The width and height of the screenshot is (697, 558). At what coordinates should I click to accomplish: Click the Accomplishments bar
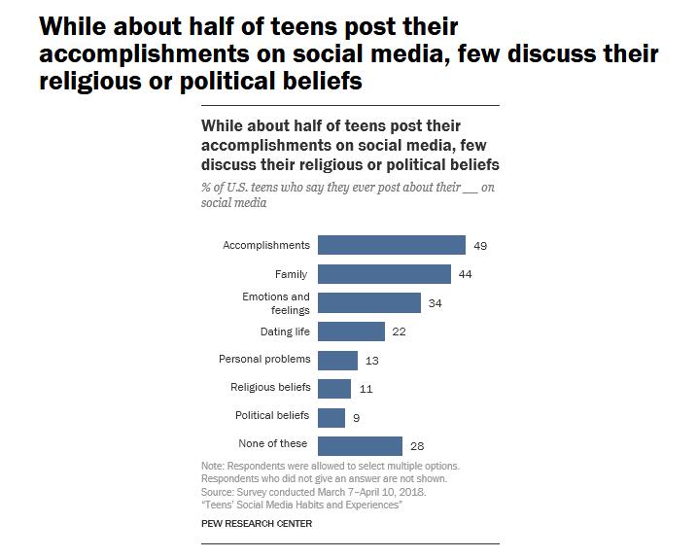click(391, 245)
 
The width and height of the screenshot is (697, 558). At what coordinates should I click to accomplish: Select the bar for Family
click(384, 274)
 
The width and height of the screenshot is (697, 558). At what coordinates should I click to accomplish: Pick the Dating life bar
click(351, 331)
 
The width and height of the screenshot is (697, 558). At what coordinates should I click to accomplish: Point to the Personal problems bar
click(337, 360)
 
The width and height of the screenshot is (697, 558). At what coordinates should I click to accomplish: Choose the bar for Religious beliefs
click(334, 388)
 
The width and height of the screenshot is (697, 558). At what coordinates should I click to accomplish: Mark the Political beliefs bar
click(331, 416)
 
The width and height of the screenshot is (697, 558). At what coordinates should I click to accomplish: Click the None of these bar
click(360, 444)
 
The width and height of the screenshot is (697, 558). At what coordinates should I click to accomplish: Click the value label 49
click(479, 246)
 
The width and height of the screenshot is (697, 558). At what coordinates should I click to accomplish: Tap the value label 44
click(465, 275)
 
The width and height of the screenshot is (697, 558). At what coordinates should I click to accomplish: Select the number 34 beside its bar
click(435, 303)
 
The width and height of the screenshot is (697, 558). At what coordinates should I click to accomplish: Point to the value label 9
click(356, 417)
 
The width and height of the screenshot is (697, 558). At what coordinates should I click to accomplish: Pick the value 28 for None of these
click(416, 445)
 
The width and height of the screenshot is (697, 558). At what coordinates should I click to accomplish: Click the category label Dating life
click(284, 331)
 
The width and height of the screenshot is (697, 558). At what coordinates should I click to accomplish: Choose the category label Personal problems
click(264, 360)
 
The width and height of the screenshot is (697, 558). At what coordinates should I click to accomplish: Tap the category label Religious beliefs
click(270, 388)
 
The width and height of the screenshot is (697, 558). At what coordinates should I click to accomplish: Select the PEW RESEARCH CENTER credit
click(257, 523)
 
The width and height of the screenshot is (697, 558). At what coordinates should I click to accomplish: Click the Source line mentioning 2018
click(313, 492)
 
